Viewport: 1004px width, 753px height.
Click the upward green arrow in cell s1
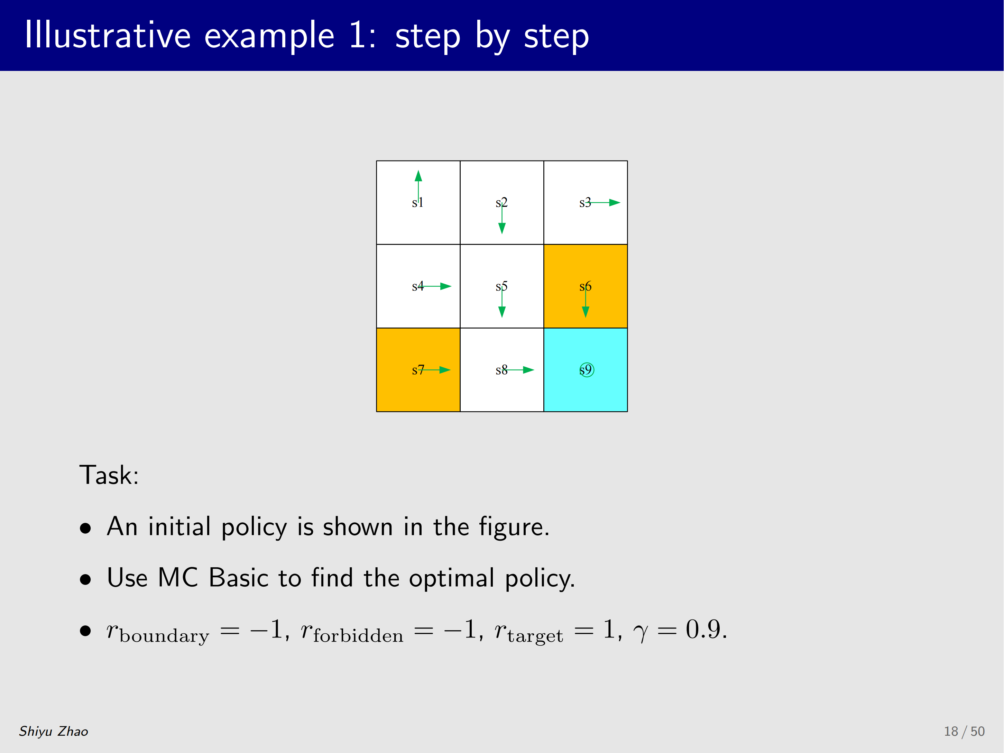coord(418,186)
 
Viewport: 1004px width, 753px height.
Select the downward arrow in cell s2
coord(501,218)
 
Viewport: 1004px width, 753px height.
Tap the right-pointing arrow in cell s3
coord(603,202)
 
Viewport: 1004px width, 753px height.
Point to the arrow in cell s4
coord(435,286)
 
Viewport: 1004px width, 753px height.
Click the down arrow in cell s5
coord(501,302)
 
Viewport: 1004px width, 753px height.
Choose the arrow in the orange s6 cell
coord(586,302)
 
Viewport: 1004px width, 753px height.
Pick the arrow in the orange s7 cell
coord(435,370)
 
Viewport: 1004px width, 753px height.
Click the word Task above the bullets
coord(109,475)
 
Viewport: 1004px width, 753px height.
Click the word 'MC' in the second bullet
coord(178,578)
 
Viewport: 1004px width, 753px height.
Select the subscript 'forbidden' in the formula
coord(358,635)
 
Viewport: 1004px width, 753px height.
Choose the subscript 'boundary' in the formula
coord(164,636)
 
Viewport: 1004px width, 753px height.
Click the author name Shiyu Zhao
coord(54,731)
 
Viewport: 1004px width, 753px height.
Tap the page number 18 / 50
coord(965,731)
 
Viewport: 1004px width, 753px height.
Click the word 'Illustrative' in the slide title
coord(108,35)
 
